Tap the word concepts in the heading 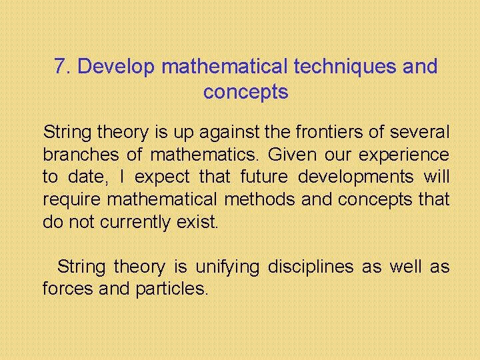(x=245, y=92)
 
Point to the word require (x=71, y=199)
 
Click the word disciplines (x=310, y=267)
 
